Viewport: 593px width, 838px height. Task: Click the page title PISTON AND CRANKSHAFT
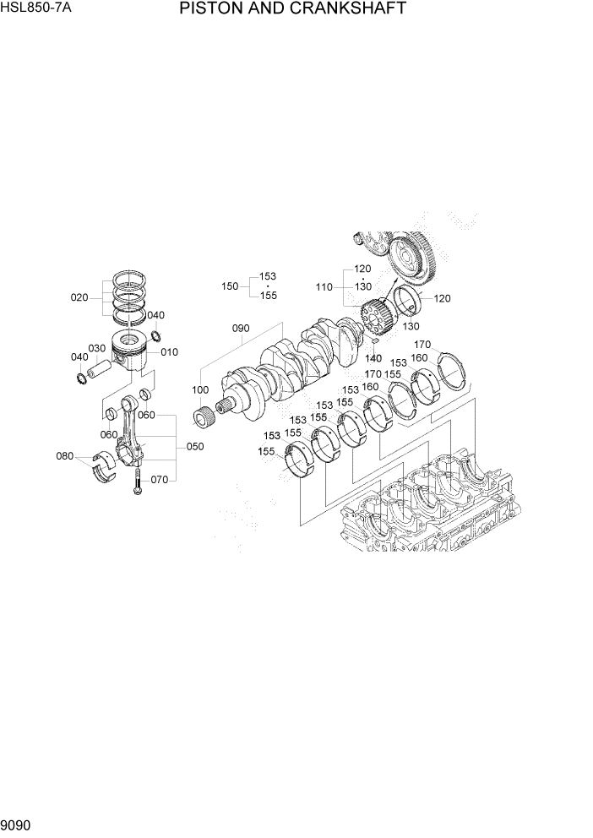click(292, 9)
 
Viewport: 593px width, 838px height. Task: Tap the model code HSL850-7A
click(37, 9)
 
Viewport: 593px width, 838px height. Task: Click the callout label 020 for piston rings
click(79, 297)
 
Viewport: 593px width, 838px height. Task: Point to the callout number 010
click(169, 352)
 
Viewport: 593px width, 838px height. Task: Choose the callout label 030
click(96, 349)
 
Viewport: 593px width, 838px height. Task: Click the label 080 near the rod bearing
click(65, 457)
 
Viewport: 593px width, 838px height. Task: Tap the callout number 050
click(194, 447)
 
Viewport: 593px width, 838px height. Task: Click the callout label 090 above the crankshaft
click(242, 329)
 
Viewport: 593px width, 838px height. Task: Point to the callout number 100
click(200, 389)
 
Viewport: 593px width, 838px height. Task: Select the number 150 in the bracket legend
click(230, 286)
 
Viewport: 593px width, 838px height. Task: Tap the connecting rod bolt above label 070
click(134, 482)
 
